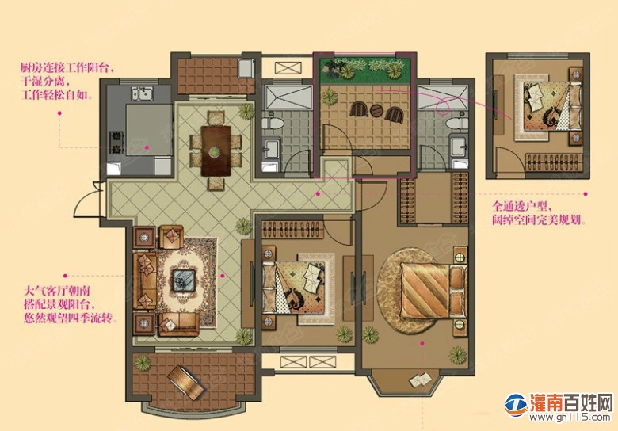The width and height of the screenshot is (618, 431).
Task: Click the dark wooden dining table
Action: (216, 151)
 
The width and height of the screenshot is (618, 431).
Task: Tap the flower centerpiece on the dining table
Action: (214, 151)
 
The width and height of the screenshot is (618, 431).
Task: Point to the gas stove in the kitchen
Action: (116, 143)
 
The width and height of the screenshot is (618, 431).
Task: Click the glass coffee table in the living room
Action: (184, 280)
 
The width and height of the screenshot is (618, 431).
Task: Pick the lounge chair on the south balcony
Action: (186, 383)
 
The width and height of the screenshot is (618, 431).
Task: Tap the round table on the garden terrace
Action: (376, 111)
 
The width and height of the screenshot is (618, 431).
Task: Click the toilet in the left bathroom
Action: (273, 123)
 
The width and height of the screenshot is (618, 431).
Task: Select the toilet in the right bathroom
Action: (458, 123)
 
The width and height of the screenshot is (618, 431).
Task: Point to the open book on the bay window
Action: (421, 379)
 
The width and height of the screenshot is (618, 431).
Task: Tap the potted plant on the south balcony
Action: (143, 362)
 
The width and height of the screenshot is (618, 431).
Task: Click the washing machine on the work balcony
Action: (246, 69)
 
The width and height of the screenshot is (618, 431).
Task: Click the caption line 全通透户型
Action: (521, 206)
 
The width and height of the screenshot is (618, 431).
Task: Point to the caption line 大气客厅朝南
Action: (57, 291)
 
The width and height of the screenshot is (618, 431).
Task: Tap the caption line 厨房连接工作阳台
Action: (67, 68)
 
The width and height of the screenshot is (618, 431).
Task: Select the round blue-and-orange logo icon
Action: (517, 405)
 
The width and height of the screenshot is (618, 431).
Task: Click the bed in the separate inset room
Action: (551, 106)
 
